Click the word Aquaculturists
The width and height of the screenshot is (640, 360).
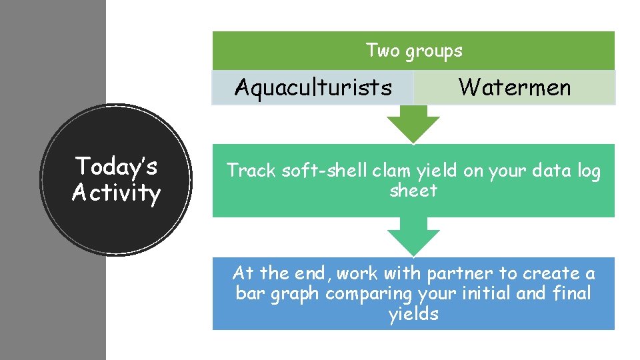[x=313, y=87]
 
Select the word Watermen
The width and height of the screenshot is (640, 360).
[x=515, y=87]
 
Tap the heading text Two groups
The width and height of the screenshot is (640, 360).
[x=414, y=50]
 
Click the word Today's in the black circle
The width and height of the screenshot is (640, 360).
[x=116, y=166]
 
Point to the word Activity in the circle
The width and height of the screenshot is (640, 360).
[x=116, y=193]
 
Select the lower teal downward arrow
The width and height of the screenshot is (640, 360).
[x=413, y=239]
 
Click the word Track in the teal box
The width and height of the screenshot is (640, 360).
[x=251, y=171]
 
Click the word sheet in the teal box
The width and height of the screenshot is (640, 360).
[x=413, y=191]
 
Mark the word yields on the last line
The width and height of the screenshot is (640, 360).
[x=413, y=314]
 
